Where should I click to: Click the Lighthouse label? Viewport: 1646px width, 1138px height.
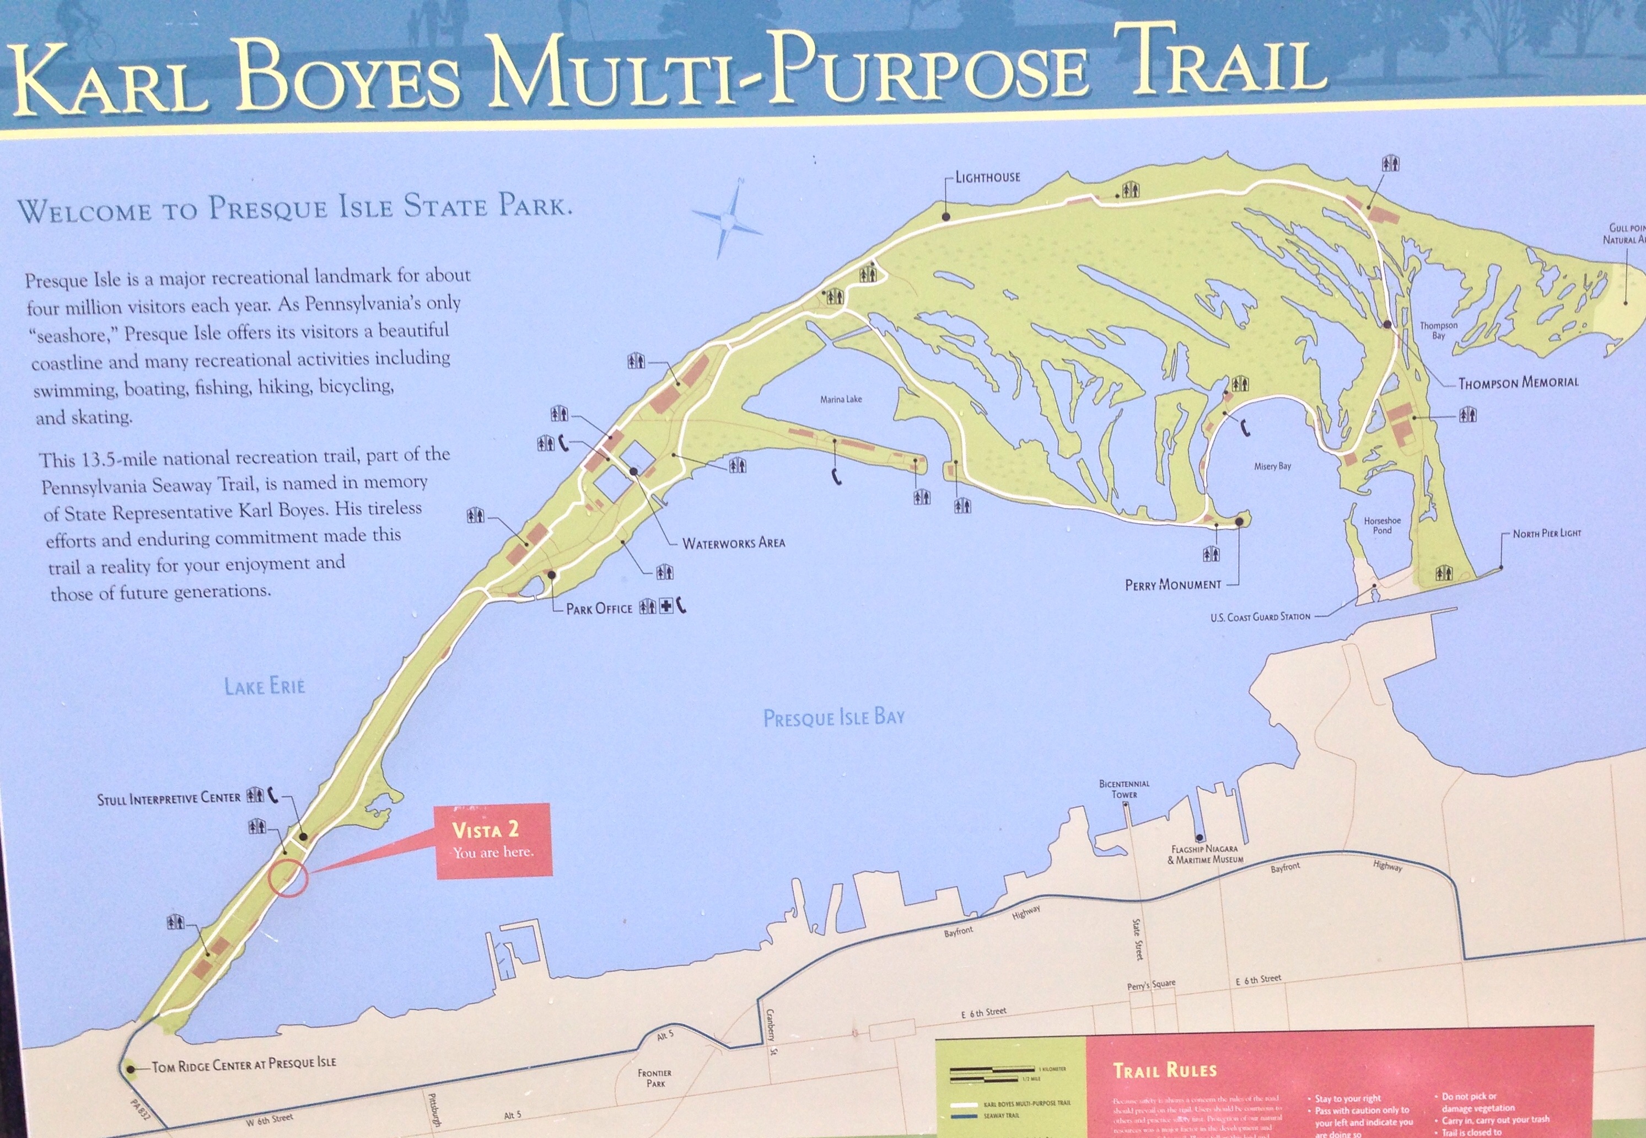pos(987,177)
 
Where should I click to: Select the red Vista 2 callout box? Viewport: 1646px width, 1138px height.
pos(493,840)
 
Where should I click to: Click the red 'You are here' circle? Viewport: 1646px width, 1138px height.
pos(288,878)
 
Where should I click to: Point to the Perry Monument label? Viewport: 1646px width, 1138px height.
pos(1172,584)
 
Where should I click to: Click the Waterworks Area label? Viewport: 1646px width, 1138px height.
pos(734,543)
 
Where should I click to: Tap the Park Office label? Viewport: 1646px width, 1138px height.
pos(599,608)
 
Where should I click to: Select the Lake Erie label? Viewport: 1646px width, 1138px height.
pos(265,686)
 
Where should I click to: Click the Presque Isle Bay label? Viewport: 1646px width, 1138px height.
pos(833,717)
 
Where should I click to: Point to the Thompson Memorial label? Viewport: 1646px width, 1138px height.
pos(1518,383)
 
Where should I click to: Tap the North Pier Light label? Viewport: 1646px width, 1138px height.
pos(1546,533)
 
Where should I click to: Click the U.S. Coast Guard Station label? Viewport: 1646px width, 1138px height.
pos(1260,617)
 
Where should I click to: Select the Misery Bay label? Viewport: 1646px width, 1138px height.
pos(1272,466)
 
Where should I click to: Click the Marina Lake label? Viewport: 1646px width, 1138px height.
pos(841,399)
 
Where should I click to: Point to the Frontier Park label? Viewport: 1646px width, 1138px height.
pos(654,1077)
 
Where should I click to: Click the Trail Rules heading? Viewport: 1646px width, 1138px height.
pos(1164,1070)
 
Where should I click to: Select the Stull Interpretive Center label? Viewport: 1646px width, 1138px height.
pos(169,798)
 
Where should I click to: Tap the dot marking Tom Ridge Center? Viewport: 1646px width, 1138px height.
pos(130,1069)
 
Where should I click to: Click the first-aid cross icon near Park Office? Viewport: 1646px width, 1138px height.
pos(666,607)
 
